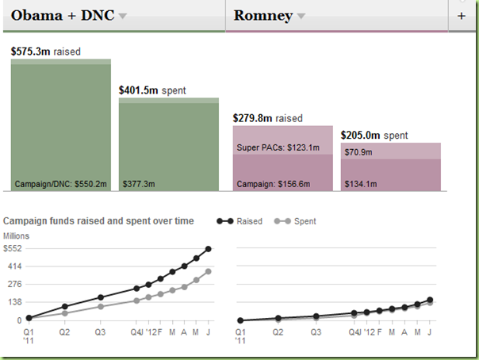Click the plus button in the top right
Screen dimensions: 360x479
pos(462,16)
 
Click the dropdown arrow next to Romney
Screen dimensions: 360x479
pos(301,17)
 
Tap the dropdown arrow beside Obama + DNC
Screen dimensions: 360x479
pos(123,17)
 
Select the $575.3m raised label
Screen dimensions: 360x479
pos(46,52)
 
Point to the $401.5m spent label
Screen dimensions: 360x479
pos(152,90)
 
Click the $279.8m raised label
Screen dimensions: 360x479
pos(267,118)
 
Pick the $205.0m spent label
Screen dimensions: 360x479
pos(374,136)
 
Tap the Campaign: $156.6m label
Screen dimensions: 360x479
pos(273,184)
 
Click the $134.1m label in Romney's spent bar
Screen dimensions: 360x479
pos(360,184)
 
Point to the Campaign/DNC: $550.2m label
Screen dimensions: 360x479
pos(60,184)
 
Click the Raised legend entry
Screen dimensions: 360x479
pos(241,221)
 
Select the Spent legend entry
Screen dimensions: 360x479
pos(297,221)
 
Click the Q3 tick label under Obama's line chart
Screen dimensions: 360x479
pos(100,332)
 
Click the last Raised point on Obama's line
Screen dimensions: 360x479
pos(209,249)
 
